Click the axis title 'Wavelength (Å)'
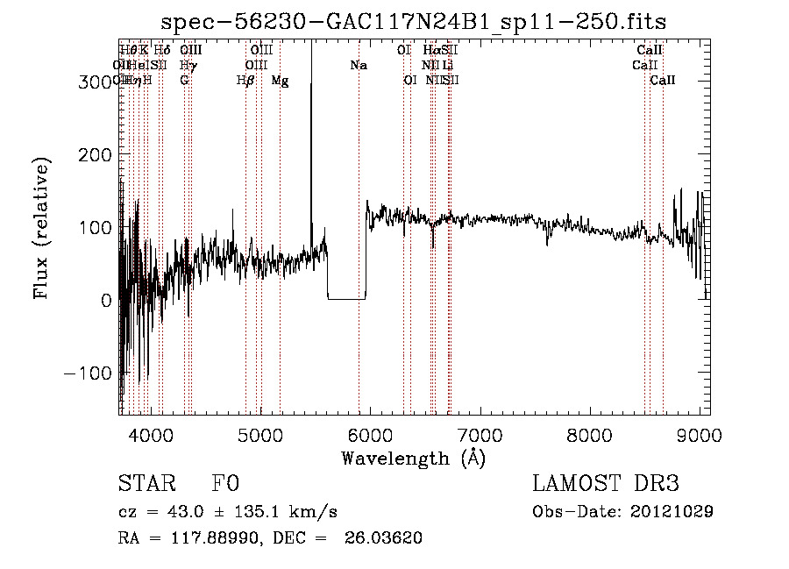413,458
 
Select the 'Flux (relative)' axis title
42,227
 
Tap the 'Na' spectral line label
359,65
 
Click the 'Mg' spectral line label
280,81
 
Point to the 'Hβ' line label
245,81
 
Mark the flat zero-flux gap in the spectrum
346,299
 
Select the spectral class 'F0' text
225,484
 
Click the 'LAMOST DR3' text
605,484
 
